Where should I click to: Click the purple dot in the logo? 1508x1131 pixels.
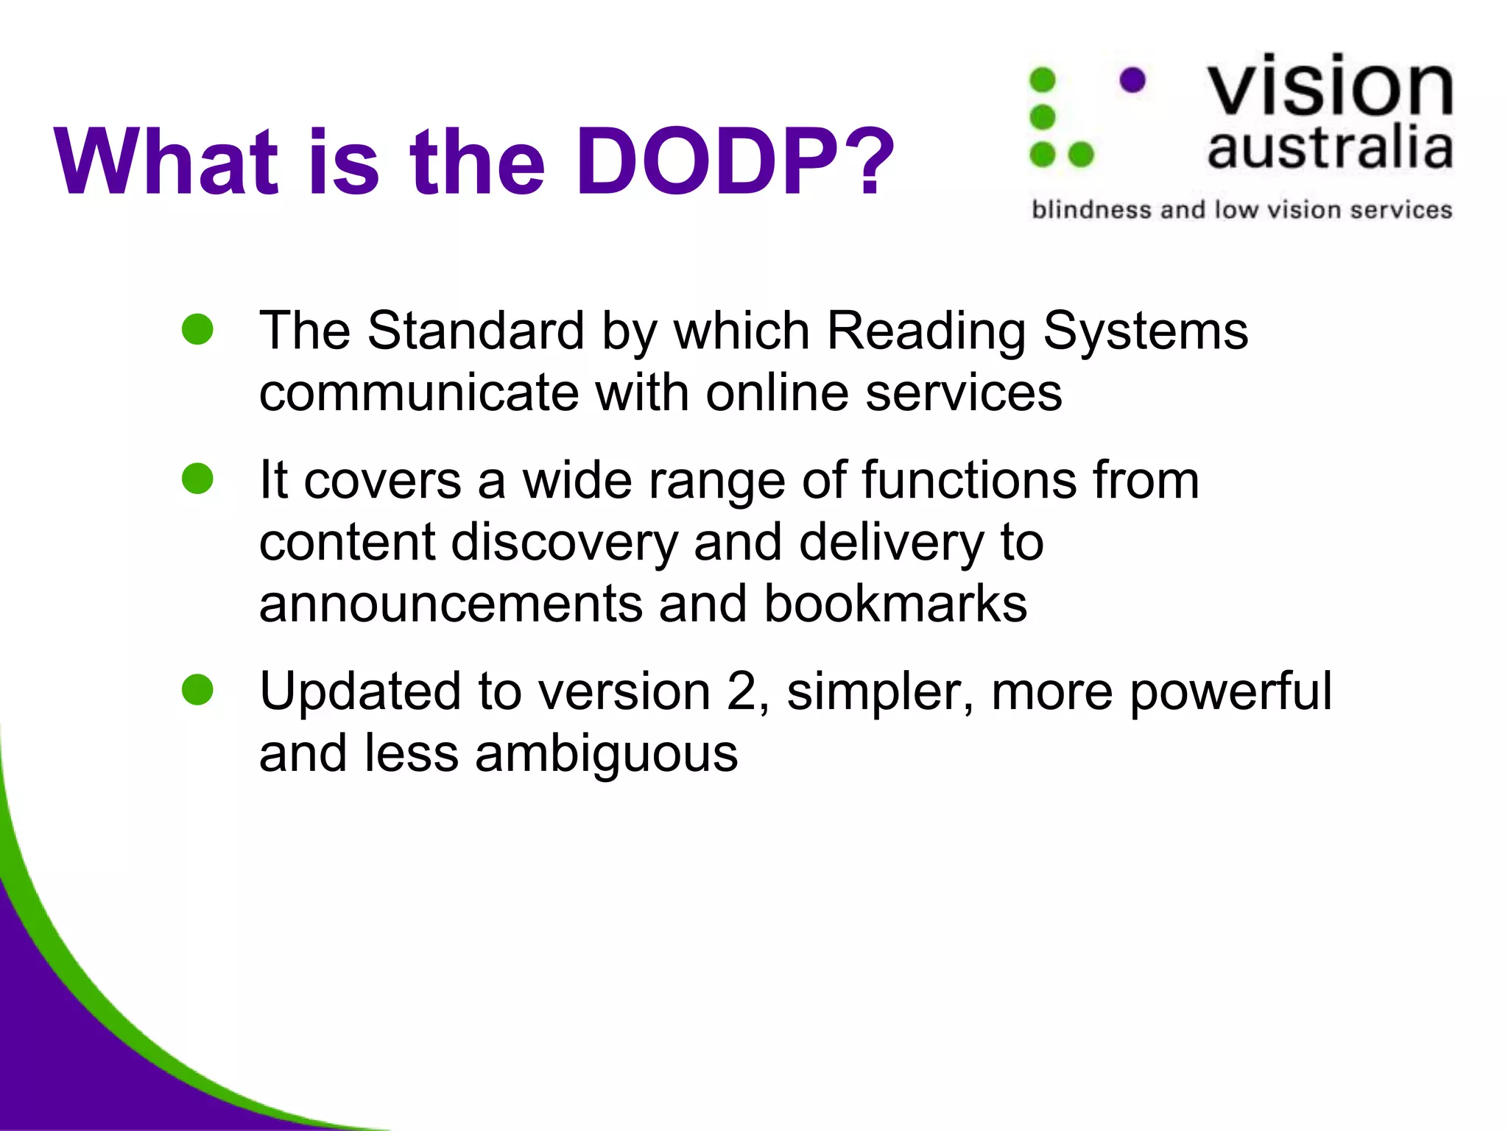(1132, 80)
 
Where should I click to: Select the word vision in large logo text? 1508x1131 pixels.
(1330, 87)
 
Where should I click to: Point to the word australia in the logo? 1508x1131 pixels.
(1330, 149)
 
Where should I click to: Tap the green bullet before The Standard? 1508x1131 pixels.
(197, 329)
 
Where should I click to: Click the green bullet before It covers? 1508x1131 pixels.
(197, 479)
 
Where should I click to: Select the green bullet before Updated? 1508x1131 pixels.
(197, 690)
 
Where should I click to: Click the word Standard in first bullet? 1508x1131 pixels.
(476, 331)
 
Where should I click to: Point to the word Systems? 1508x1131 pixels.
(1146, 331)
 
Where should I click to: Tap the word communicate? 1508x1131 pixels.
(419, 392)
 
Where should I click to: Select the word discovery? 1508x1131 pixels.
(564, 543)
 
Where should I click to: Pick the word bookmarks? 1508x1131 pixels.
(895, 604)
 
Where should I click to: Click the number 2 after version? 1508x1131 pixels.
(741, 691)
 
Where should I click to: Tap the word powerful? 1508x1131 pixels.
(1230, 691)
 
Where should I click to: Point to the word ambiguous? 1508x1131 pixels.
(606, 754)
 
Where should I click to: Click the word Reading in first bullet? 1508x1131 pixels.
(926, 331)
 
